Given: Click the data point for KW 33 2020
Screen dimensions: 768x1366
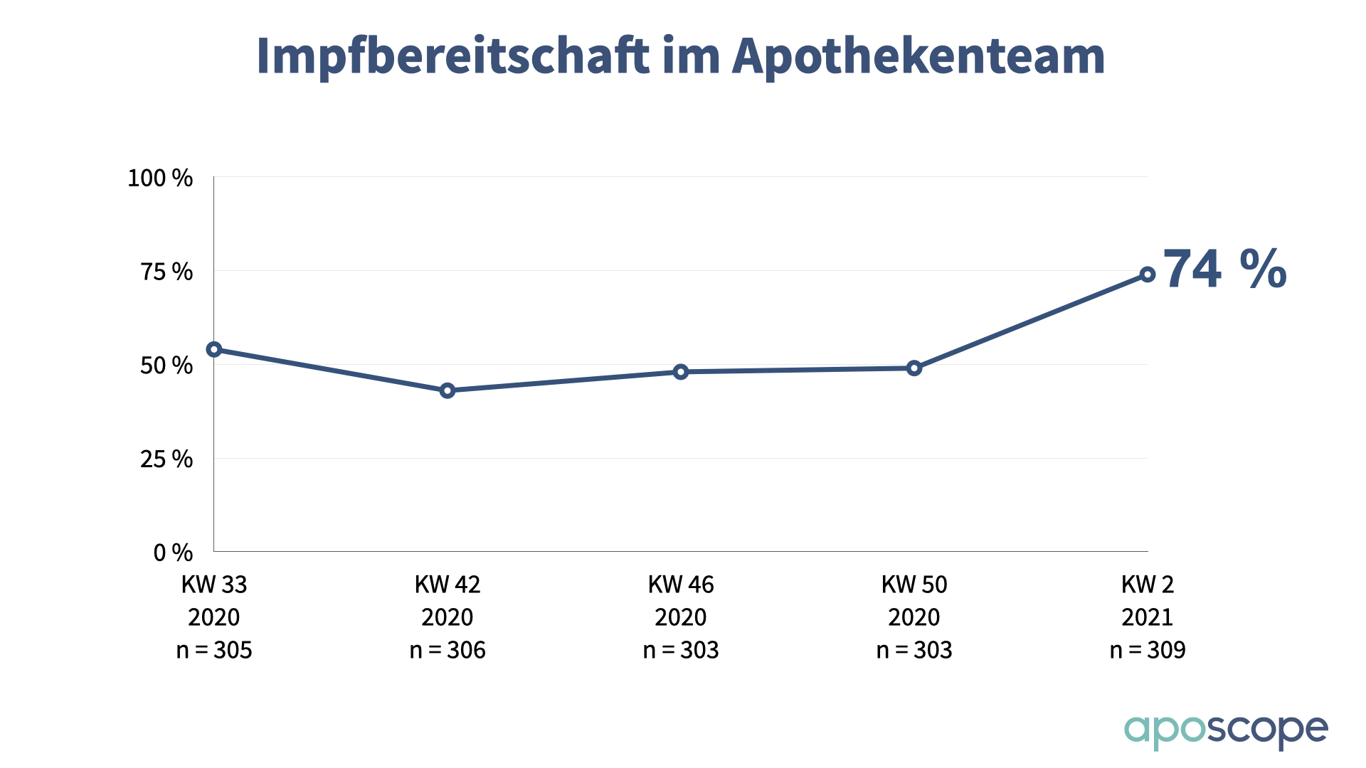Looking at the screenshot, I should (x=214, y=349).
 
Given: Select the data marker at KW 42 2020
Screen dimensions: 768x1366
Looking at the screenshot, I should (x=448, y=390).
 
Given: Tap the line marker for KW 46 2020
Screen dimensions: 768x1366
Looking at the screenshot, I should (x=681, y=372).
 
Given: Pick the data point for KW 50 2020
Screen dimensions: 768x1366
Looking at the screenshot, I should (x=914, y=368).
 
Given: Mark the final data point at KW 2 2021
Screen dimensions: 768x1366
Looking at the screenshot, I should (x=1148, y=274).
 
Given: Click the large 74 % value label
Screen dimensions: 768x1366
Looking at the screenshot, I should (x=1225, y=270).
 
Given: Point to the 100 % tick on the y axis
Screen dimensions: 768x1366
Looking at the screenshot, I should (x=160, y=178).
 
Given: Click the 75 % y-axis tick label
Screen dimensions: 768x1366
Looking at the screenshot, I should (x=166, y=272).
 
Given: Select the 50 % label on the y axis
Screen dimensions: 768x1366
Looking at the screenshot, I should (x=166, y=366).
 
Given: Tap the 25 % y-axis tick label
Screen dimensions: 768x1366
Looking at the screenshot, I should (x=166, y=459).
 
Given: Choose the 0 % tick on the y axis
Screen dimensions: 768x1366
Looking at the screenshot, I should (x=173, y=553).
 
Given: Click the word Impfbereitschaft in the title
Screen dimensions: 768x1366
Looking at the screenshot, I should (x=452, y=55).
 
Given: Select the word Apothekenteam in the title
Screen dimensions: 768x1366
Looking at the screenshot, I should (x=918, y=55).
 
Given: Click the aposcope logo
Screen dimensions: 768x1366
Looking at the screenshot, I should (x=1225, y=731).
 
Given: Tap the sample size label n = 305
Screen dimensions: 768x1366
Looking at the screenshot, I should (x=214, y=650).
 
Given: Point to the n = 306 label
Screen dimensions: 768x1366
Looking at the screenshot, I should (x=448, y=650).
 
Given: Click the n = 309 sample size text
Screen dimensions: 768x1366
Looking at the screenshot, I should (x=1148, y=650).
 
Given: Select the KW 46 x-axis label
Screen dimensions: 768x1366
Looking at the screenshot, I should (x=681, y=585).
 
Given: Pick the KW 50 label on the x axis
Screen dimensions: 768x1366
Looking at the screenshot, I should (x=914, y=585).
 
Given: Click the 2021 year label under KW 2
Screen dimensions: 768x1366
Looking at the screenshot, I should (x=1148, y=617).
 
